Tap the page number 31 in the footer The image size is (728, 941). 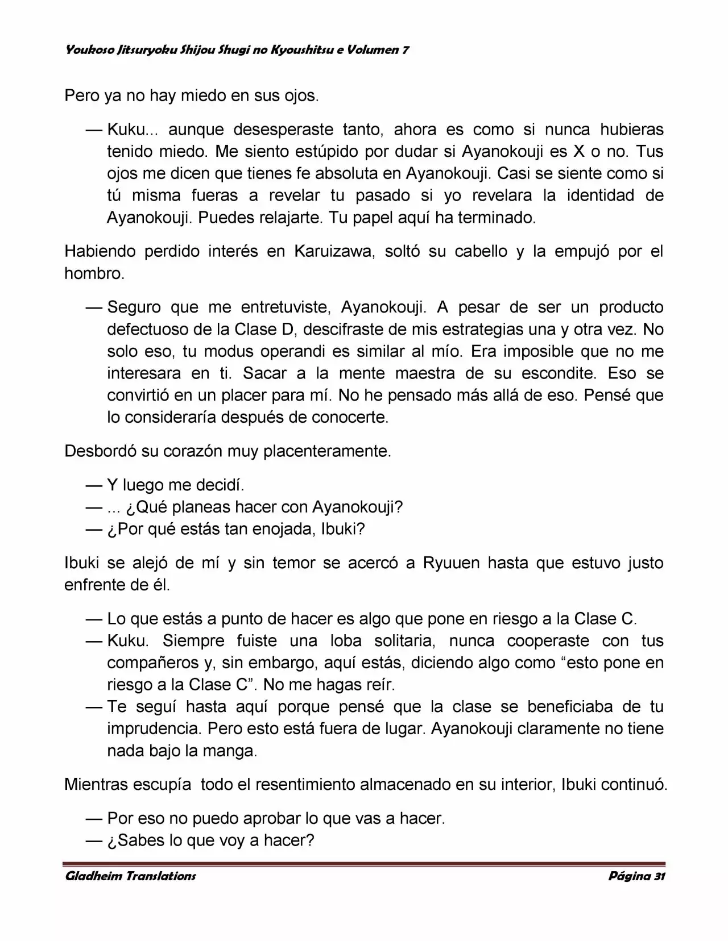[x=659, y=876]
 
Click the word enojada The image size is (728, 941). [x=282, y=529]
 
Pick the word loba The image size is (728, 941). [x=346, y=640]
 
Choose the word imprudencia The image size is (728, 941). [x=154, y=728]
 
